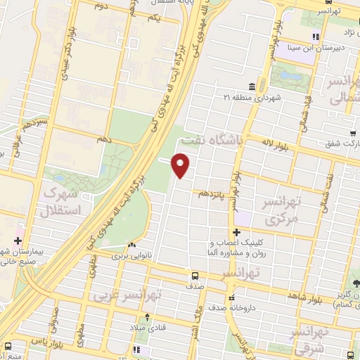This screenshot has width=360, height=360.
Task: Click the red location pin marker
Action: [x=181, y=165]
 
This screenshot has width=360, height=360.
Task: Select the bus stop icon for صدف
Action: [x=195, y=276]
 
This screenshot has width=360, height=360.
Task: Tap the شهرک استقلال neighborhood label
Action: [x=63, y=200]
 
